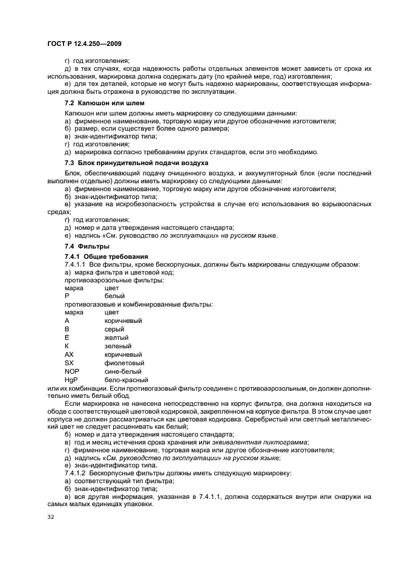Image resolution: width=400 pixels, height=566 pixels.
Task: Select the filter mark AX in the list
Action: click(x=69, y=354)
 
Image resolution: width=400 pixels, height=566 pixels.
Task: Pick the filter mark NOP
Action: click(x=71, y=371)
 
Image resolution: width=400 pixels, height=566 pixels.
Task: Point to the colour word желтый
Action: click(x=116, y=337)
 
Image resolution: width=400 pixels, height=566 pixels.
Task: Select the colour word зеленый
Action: click(x=117, y=346)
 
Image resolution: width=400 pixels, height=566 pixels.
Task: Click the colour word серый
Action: click(x=114, y=329)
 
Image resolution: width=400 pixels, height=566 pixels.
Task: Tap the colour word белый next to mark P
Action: click(x=114, y=296)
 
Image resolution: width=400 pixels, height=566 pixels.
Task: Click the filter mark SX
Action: click(x=69, y=363)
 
